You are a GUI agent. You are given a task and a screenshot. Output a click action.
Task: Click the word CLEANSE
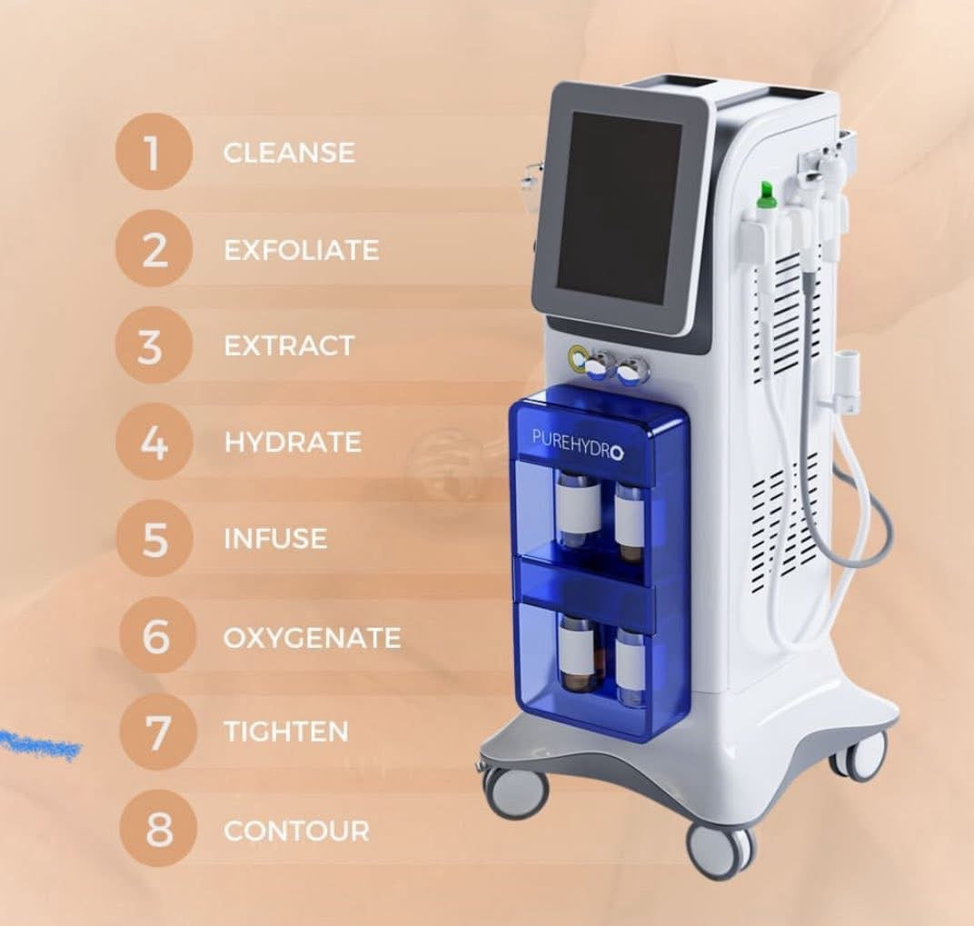pyautogui.click(x=290, y=153)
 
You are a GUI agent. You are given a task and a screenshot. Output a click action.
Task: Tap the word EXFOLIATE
pyautogui.click(x=302, y=250)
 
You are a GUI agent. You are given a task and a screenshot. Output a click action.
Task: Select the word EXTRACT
pyautogui.click(x=289, y=346)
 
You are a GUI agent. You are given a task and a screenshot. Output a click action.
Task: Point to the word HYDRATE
pyautogui.click(x=293, y=443)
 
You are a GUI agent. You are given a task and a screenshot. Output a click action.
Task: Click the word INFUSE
pyautogui.click(x=275, y=539)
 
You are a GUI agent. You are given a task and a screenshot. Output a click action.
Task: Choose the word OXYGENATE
pyautogui.click(x=312, y=638)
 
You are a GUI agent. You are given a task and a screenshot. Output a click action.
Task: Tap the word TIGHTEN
pyautogui.click(x=286, y=732)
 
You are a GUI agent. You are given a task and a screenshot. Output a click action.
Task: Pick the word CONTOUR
pyautogui.click(x=296, y=831)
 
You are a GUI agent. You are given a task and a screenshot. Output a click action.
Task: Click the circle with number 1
pyautogui.click(x=153, y=153)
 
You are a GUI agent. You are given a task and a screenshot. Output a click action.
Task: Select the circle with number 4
pyautogui.click(x=154, y=442)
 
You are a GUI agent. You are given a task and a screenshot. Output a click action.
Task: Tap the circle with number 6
pyautogui.click(x=155, y=636)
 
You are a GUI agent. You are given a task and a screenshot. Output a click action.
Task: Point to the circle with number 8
pyautogui.click(x=158, y=829)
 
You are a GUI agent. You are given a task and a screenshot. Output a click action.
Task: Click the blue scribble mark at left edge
pyautogui.click(x=40, y=744)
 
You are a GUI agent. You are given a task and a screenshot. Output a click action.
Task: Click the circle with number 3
pyautogui.click(x=153, y=345)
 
